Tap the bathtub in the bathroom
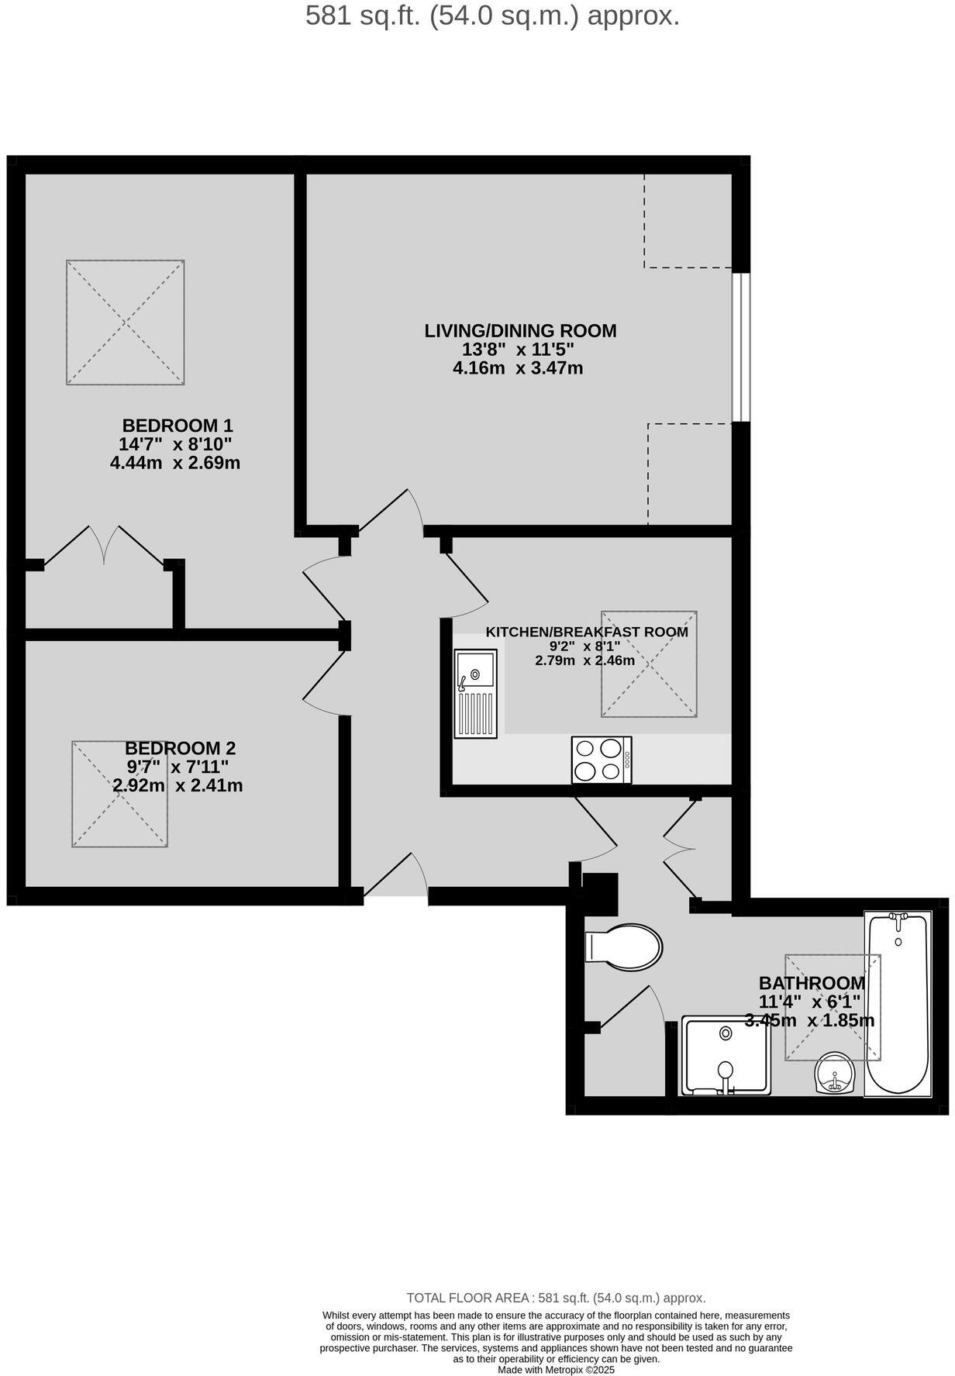tap(898, 1004)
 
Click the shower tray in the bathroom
tap(726, 1056)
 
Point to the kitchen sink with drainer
tap(475, 692)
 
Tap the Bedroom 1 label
tap(178, 426)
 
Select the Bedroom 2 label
tap(180, 749)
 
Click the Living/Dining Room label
tap(520, 331)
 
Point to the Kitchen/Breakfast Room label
tap(587, 632)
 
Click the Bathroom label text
tap(812, 983)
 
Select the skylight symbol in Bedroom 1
tap(125, 322)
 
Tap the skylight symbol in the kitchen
tap(649, 664)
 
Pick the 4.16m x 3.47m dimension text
tap(518, 368)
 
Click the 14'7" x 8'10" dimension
tap(175, 444)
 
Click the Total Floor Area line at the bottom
tap(556, 1298)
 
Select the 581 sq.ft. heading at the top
tap(492, 16)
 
